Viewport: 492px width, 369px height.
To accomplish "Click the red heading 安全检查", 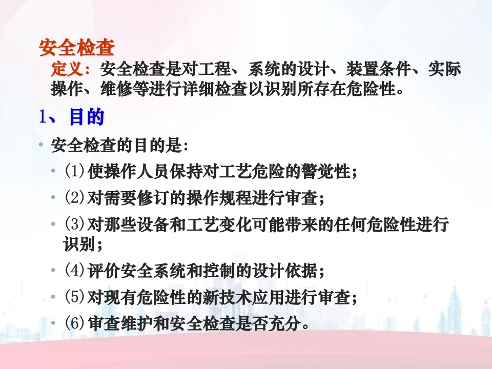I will [x=77, y=48].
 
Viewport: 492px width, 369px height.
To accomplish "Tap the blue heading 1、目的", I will [x=72, y=117].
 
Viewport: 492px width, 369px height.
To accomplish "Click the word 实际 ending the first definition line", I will [x=445, y=69].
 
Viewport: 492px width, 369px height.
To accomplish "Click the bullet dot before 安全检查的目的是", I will [x=41, y=146].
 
